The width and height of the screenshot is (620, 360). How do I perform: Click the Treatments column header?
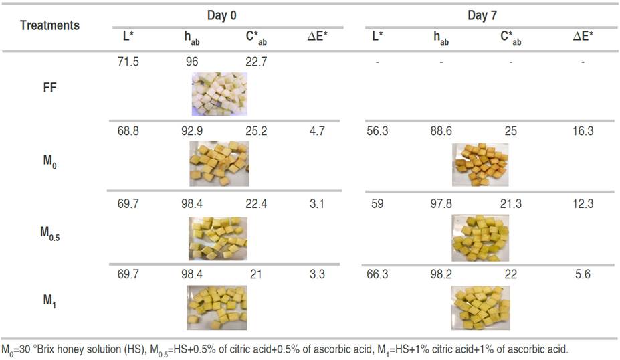click(49, 26)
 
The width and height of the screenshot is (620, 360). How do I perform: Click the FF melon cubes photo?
click(219, 94)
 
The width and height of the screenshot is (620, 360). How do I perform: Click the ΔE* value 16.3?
click(583, 131)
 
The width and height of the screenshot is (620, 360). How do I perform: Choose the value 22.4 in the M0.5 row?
click(256, 203)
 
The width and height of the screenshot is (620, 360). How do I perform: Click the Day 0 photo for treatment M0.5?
click(219, 237)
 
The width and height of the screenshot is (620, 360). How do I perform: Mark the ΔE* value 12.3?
click(583, 203)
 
